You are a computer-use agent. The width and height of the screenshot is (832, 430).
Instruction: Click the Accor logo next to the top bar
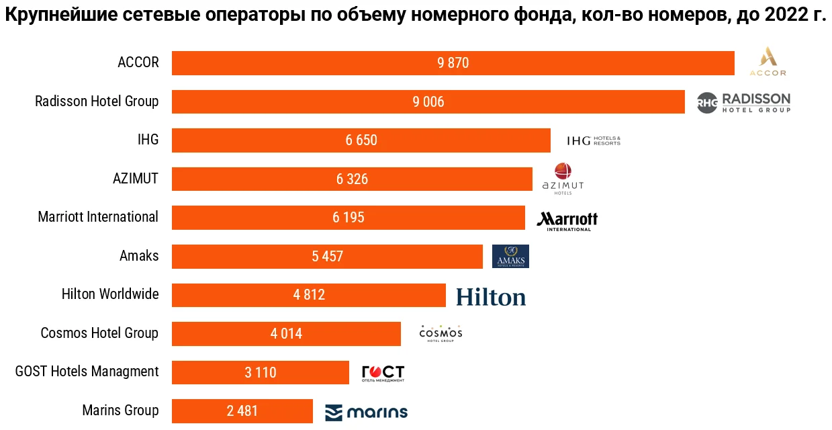(768, 62)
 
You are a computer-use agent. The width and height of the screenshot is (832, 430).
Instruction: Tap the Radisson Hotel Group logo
(743, 102)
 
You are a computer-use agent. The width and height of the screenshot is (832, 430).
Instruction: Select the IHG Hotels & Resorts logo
(594, 140)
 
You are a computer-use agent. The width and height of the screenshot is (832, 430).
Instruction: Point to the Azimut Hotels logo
(563, 179)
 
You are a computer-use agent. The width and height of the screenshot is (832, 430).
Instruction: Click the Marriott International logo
(567, 221)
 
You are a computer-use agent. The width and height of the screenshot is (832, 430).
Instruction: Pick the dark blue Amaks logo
(510, 256)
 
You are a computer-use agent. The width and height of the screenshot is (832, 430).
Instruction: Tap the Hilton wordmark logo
(491, 297)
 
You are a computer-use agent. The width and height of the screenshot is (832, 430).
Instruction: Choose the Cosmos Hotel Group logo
(441, 333)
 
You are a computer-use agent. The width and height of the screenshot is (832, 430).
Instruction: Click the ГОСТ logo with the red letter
(383, 373)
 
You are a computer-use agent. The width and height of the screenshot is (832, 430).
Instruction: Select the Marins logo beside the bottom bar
(367, 412)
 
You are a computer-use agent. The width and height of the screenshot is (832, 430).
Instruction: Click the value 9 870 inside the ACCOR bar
(453, 63)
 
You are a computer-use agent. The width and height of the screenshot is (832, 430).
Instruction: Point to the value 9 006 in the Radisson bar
(428, 102)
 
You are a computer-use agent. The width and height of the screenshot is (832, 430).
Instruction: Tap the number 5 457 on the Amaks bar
(327, 257)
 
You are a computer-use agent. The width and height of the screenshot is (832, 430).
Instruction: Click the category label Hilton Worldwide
(110, 294)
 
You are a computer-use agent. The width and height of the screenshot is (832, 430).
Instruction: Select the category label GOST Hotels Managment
(87, 372)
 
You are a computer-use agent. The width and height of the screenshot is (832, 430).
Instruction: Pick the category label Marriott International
(98, 217)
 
